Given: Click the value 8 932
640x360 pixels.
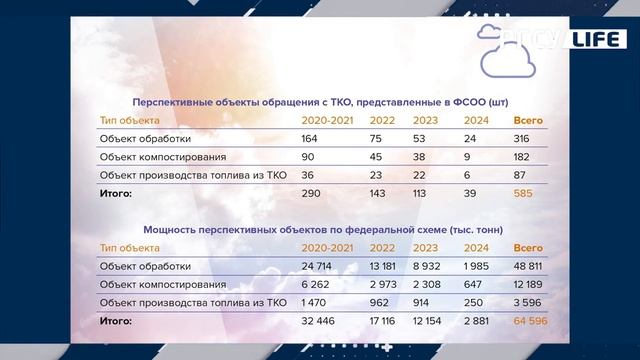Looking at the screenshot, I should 432,265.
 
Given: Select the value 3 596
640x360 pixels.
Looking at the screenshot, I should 531,303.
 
